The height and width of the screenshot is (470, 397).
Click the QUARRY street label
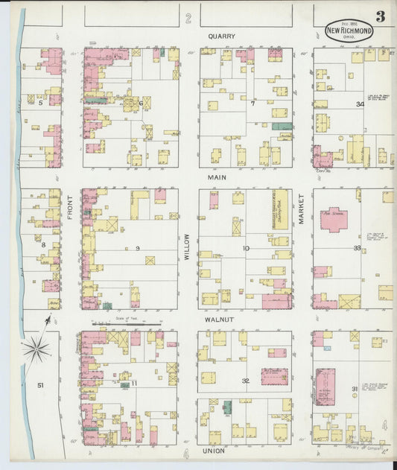[x=221, y=35]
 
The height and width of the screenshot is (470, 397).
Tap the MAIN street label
[x=217, y=178]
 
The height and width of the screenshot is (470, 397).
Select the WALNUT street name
[x=220, y=319]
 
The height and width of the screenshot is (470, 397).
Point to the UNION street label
[x=213, y=451]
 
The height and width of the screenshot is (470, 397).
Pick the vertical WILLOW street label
[x=188, y=246]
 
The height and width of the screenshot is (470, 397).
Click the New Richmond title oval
[x=349, y=31]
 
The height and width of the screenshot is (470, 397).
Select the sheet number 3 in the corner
[x=380, y=16]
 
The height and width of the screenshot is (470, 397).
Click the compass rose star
[x=35, y=349]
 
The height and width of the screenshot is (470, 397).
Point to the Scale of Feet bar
[x=127, y=323]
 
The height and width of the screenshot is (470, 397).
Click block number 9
[x=138, y=247]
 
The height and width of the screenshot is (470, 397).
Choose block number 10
[x=246, y=248]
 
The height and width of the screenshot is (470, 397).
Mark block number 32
[x=245, y=381]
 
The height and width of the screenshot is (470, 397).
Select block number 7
[x=253, y=104]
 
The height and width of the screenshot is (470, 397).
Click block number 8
[x=44, y=244]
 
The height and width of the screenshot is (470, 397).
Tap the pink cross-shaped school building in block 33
[x=333, y=220]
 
